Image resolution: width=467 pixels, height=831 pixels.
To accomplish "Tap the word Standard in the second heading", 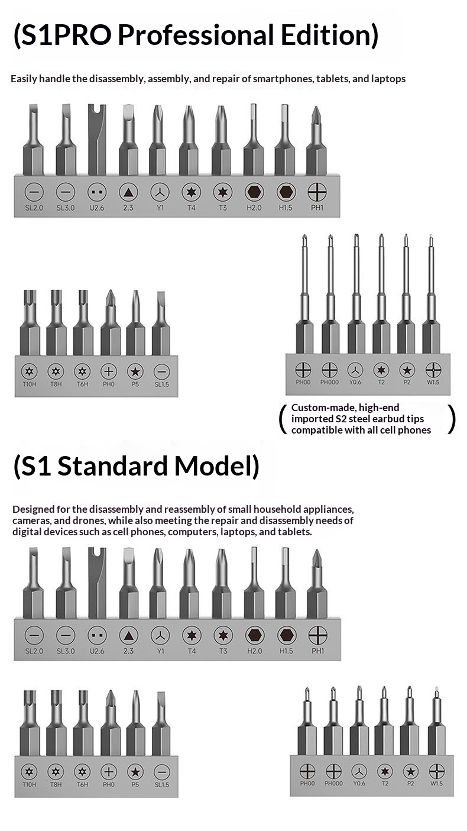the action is coord(112,466).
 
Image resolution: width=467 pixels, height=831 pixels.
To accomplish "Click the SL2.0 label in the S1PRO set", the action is coord(34,208).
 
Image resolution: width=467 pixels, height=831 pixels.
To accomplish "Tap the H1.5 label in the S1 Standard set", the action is coord(286,651).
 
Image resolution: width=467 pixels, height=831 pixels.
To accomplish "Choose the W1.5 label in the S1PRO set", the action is coord(433,382).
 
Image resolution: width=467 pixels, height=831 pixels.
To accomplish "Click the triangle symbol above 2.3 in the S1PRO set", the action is coord(128,192).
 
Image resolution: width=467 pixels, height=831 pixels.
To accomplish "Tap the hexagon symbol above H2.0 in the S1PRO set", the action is coord(254,192).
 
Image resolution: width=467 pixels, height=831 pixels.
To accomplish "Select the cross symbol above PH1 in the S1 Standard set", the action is coord(318,635).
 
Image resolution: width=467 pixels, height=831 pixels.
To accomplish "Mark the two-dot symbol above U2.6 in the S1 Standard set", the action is coord(97,635).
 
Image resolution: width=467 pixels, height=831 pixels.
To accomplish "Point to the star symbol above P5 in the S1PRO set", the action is coord(135,371).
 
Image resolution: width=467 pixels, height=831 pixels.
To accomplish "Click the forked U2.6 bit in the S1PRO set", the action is coord(97,139).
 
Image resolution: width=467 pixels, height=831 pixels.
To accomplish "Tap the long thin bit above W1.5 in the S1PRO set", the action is coord(431,293).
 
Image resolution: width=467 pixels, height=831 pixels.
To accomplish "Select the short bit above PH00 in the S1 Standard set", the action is coord(307,721).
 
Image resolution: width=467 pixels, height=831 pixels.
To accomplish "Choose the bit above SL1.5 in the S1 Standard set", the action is coord(161,723).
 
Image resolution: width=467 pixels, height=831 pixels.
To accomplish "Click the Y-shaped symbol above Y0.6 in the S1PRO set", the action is coord(355,370).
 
